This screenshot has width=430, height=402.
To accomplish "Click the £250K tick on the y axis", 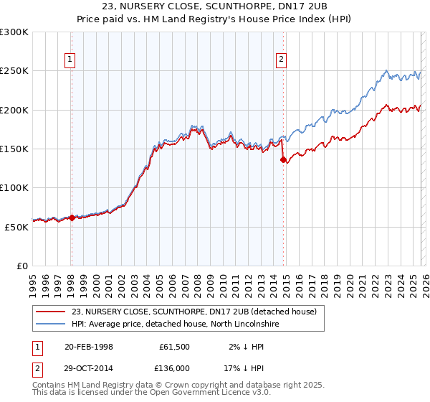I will pyautogui.click(x=14, y=71).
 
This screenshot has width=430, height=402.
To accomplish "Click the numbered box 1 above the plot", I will pyautogui.click(x=71, y=60).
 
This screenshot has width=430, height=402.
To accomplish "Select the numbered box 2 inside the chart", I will pyautogui.click(x=282, y=60).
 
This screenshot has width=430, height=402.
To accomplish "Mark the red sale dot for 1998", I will pyautogui.click(x=72, y=218).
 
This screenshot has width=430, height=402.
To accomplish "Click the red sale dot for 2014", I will pyautogui.click(x=283, y=160).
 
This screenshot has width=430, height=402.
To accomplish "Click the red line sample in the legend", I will pyautogui.click(x=51, y=312).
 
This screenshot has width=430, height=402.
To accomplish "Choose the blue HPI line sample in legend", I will pyautogui.click(x=51, y=324).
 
